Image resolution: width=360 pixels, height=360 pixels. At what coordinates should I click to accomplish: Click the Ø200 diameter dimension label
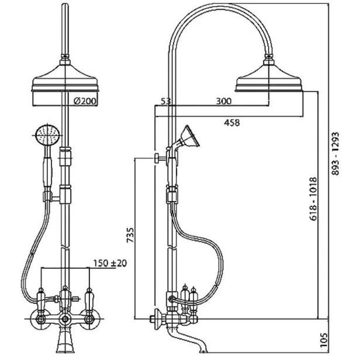85,101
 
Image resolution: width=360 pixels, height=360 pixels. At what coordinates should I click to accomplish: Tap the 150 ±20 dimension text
110,263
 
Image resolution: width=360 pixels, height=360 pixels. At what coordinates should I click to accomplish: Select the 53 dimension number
165,101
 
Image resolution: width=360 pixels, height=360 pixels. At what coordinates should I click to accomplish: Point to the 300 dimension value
223,101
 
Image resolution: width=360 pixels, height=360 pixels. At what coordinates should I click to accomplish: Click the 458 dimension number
232,123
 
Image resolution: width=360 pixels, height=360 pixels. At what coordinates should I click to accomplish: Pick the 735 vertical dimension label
130,235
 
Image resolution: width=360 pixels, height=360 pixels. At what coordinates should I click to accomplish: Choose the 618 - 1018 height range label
313,199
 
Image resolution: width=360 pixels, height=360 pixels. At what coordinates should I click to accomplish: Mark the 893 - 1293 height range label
335,154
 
